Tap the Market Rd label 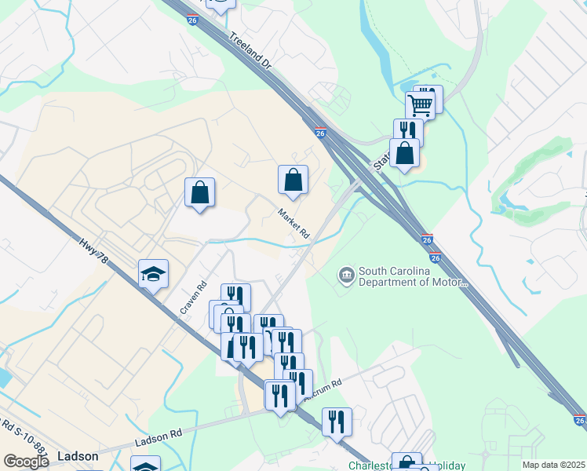click(x=293, y=223)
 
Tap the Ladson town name click(x=78, y=456)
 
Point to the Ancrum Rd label click(x=323, y=389)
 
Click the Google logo click(x=26, y=462)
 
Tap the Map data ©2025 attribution click(x=554, y=465)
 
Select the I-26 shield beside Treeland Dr click(x=193, y=20)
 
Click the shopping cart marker click(x=421, y=104)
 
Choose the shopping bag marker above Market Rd click(x=293, y=180)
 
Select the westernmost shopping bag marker click(x=199, y=192)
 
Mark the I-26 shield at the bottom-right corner click(x=579, y=421)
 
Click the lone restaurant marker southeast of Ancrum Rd click(x=337, y=422)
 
